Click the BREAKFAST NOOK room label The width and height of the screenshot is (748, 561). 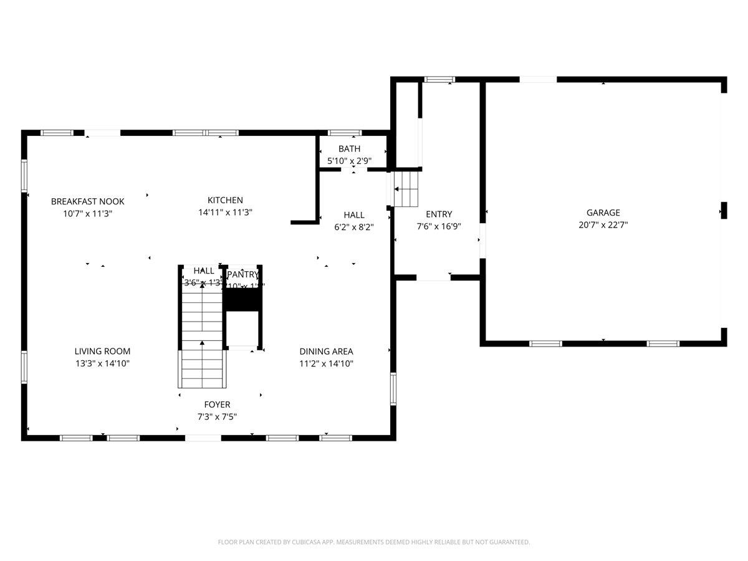tap(87, 201)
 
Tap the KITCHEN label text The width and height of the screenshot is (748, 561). tap(225, 200)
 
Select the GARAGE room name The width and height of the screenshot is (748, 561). tap(603, 213)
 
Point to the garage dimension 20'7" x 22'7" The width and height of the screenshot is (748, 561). tap(603, 225)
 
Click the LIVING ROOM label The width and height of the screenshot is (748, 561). tap(102, 352)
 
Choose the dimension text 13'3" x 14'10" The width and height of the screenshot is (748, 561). tap(102, 363)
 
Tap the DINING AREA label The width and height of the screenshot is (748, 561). tap(326, 352)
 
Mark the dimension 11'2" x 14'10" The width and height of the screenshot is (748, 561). tap(326, 363)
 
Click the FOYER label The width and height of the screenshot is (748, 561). tap(217, 405)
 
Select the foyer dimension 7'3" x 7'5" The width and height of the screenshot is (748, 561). tap(217, 417)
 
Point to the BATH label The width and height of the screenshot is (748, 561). tap(349, 149)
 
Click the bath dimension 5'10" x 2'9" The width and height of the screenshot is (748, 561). tap(349, 161)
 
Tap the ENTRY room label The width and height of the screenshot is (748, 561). tap(439, 214)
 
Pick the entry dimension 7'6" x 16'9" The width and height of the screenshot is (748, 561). tap(439, 226)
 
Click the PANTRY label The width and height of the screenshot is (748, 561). tap(242, 275)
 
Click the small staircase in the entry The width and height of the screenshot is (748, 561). tap(406, 189)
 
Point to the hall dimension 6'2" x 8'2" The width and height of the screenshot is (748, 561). tap(353, 228)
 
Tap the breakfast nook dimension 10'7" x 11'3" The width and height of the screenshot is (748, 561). tap(87, 213)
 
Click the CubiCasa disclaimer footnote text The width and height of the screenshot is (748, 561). tap(374, 542)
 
